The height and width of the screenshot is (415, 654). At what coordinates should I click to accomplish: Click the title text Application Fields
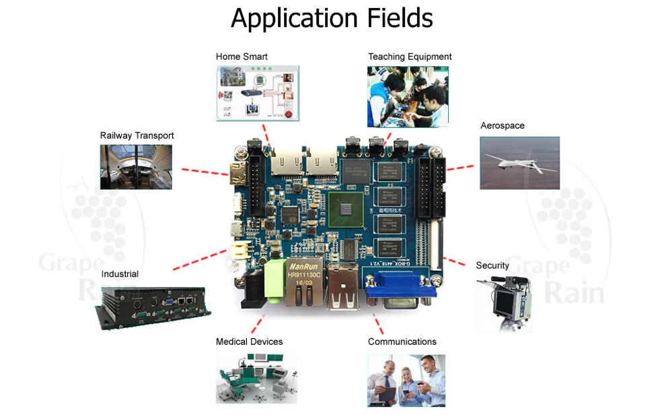pos(332,18)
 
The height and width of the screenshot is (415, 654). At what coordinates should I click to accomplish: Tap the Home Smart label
pos(242,57)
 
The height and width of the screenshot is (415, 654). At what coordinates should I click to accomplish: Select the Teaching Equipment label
pos(409,57)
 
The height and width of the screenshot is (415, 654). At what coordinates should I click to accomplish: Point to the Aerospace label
pos(502,126)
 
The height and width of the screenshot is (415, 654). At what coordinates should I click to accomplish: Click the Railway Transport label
pos(137,135)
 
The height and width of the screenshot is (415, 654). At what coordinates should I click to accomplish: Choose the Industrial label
pos(120,274)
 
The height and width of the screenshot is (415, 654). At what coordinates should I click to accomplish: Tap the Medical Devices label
pos(249,342)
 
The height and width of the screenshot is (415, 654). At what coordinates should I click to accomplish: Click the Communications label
pos(402,342)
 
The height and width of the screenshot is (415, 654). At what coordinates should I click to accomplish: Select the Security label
pos(492,265)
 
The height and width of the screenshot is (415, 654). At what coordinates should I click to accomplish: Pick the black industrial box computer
pos(155,306)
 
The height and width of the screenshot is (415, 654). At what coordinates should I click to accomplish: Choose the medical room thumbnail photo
pos(256,378)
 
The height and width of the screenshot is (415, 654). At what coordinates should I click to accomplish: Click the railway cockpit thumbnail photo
pos(136,166)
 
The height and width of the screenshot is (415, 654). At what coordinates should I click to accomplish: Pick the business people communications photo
pos(406,380)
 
